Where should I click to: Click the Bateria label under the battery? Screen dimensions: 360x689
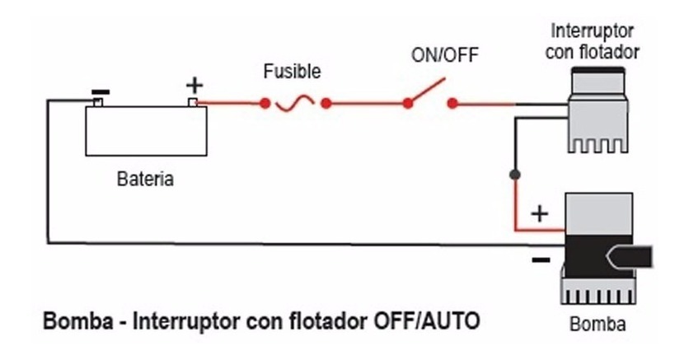coord(146,179)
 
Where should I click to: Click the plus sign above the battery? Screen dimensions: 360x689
coord(195,84)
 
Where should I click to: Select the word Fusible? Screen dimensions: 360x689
coord(292,72)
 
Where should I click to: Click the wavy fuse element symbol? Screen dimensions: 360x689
coord(295,105)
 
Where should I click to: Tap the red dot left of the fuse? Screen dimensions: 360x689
coord(265,105)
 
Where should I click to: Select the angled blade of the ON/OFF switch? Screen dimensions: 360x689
coord(426,92)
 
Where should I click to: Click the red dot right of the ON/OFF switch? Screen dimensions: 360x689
coord(452,105)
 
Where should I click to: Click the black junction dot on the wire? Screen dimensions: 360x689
coord(515,175)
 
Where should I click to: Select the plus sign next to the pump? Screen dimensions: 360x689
coord(539,214)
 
